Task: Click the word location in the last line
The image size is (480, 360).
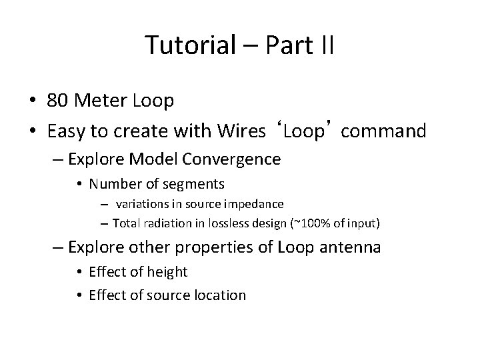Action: [220, 295]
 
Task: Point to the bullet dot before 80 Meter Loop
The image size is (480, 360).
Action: [32, 101]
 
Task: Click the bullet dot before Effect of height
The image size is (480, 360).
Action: [79, 272]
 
